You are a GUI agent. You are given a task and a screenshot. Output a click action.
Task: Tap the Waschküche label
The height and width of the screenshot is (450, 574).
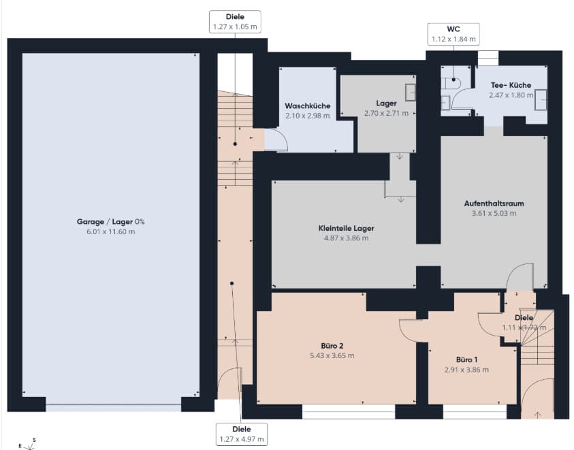308,106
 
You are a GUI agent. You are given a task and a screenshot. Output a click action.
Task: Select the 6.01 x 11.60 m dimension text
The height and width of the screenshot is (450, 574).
110,231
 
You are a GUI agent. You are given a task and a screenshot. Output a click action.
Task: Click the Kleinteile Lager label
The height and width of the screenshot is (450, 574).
347,228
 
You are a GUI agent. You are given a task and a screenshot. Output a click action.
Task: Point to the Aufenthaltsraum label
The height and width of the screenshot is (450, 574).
494,203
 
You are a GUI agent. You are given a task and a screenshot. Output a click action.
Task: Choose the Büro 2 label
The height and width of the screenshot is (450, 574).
332,346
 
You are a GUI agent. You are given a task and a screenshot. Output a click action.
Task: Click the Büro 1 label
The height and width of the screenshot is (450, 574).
466,359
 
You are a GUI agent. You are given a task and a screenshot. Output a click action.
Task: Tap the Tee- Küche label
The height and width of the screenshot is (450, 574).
511,85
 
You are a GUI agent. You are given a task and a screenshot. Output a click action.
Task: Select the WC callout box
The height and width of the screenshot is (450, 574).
453,34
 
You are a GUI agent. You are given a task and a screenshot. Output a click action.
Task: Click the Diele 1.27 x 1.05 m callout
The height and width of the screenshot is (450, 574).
235,22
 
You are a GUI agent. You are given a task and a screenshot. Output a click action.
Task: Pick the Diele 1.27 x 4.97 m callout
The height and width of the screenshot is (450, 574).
242,434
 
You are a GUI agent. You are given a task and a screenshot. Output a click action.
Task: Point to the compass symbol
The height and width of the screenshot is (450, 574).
29,445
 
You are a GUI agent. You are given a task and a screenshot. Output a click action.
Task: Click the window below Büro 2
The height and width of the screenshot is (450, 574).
349,412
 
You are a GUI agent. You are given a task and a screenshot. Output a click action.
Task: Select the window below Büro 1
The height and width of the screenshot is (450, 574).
475,412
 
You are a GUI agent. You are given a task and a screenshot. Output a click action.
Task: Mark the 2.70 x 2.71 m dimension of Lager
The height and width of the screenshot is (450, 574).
386,114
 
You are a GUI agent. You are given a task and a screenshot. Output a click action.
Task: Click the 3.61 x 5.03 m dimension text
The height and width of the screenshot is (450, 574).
494,213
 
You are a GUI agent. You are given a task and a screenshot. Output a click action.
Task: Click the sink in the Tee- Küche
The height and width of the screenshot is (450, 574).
541,99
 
